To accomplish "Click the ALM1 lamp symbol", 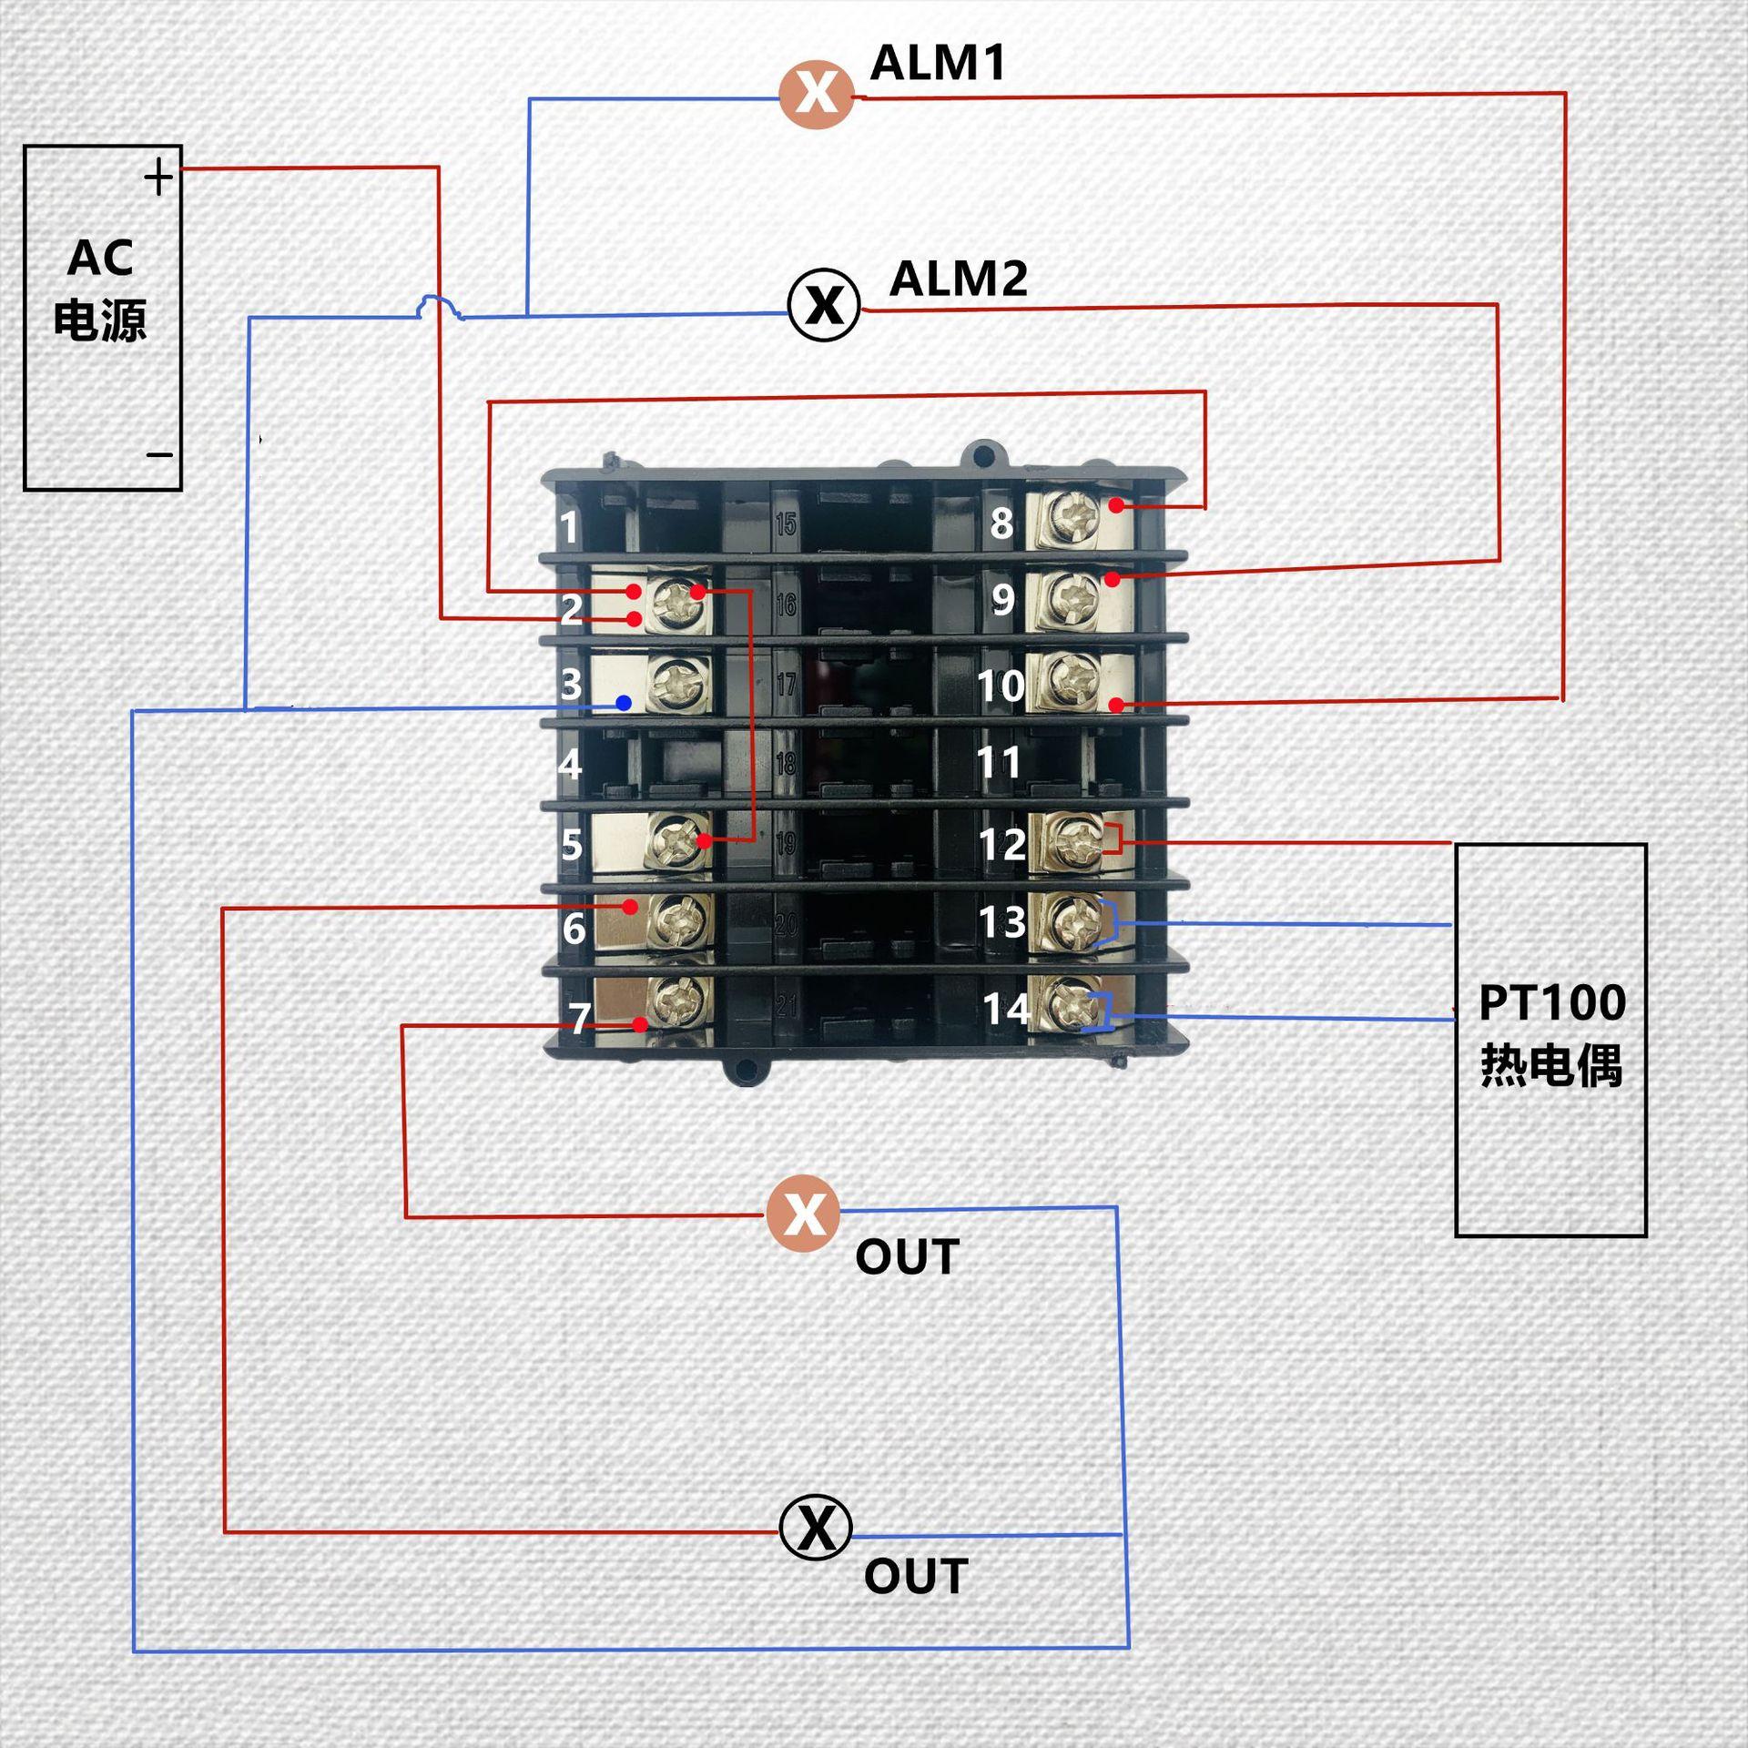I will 817,95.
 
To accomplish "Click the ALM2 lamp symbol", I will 824,305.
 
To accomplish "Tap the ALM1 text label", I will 938,63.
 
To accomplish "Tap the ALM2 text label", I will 959,279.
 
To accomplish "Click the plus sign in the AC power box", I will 158,177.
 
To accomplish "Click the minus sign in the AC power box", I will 159,454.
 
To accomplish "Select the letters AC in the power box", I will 100,259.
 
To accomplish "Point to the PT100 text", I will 1552,1003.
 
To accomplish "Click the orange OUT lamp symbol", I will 803,1214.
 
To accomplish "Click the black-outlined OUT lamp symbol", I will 816,1528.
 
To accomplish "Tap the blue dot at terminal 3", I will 624,703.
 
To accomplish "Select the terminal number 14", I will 1006,1008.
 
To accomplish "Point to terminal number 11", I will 999,762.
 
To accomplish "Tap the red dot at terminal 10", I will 1116,705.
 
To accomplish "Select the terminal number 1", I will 569,527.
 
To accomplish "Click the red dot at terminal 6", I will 630,907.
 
